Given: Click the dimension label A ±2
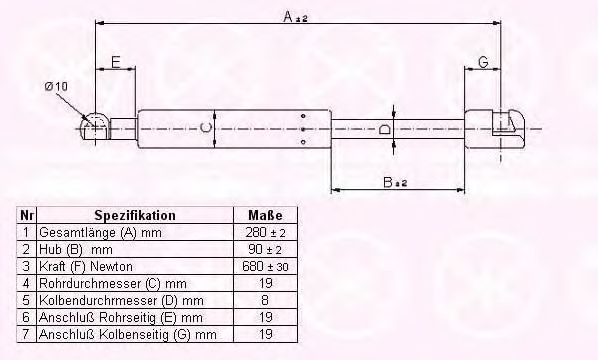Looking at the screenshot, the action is pyautogui.click(x=295, y=17).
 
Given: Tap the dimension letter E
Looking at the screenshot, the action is pyautogui.click(x=116, y=62).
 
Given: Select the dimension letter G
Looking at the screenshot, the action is pyautogui.click(x=483, y=62).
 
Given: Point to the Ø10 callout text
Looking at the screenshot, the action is pyautogui.click(x=56, y=87).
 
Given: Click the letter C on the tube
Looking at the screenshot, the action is pyautogui.click(x=205, y=128).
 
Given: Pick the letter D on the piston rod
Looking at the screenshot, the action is pyautogui.click(x=384, y=129).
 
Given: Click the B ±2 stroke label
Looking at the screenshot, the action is pyautogui.click(x=395, y=182).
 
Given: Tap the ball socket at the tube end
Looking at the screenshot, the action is pyautogui.click(x=95, y=126).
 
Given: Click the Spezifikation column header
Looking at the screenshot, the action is pyautogui.click(x=135, y=215).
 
